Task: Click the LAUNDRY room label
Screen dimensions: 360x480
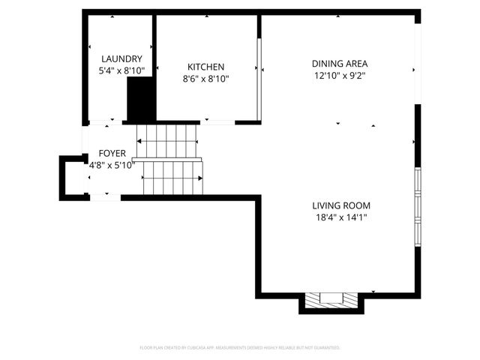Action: pos(121,58)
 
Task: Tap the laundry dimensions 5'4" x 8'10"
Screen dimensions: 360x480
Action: pos(121,70)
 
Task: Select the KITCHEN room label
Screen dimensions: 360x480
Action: pos(205,67)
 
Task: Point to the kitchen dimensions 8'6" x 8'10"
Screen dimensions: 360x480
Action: pos(205,79)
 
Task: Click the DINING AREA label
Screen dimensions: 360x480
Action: pos(340,64)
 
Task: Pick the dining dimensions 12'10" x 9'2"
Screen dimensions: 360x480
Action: pos(340,76)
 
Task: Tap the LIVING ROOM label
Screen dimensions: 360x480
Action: pos(341,205)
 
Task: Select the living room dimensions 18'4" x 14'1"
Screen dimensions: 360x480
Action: pos(341,217)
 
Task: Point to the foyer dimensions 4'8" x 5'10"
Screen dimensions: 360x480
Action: pos(111,165)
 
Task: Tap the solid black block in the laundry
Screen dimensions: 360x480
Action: pos(139,100)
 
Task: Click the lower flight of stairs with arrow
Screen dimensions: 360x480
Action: pos(172,178)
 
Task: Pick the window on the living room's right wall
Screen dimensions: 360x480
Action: pos(418,206)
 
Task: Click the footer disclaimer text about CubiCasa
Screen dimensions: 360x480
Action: pos(240,348)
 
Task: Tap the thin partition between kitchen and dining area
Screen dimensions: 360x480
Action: pos(259,79)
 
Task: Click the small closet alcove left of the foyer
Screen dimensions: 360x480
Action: pos(73,177)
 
